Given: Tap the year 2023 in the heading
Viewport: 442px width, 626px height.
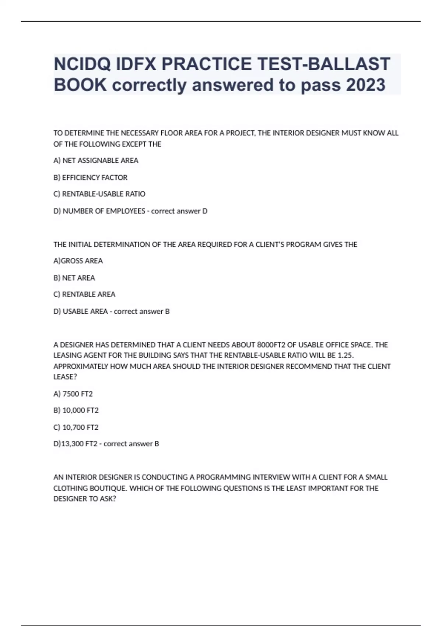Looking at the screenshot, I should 365,85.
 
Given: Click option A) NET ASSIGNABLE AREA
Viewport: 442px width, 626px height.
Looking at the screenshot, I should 96,161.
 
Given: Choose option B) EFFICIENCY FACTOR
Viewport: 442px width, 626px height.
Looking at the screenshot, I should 91,177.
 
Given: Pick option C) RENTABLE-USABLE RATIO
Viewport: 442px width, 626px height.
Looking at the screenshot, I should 99,194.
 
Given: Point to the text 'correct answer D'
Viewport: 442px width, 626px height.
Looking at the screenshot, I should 179,211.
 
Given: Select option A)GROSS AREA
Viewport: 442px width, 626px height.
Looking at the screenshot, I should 78,261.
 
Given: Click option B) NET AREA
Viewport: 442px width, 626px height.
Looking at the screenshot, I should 74,278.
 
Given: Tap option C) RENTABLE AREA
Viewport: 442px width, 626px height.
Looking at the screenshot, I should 84,294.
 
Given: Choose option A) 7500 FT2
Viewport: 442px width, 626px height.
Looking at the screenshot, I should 73,394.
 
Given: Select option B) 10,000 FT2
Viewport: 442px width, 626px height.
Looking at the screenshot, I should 76,410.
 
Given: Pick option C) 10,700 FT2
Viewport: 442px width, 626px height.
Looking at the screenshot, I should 76,427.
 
